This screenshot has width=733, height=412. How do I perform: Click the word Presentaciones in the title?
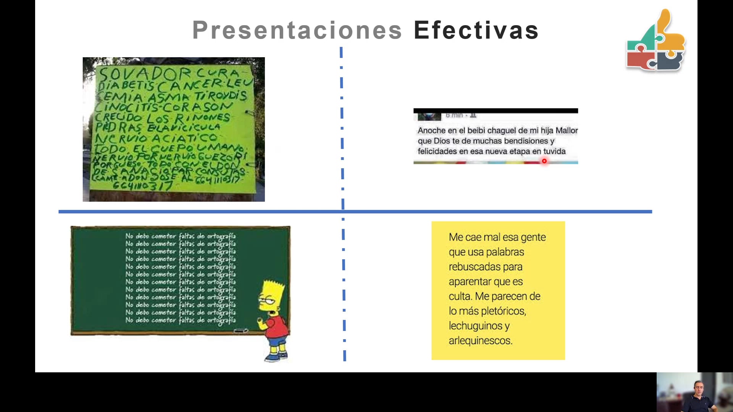pos(297,30)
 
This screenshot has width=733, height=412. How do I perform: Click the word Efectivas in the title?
pos(476,30)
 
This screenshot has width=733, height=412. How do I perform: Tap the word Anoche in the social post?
pos(431,130)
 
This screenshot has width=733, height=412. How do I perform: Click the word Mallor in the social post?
pos(567,130)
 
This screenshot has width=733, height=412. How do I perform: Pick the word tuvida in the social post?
pos(554,151)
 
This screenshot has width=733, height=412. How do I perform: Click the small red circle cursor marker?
pos(544,161)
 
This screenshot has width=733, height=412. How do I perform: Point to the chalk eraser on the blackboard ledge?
pos(241,331)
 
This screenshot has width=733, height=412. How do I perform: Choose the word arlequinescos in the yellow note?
pos(480,341)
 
